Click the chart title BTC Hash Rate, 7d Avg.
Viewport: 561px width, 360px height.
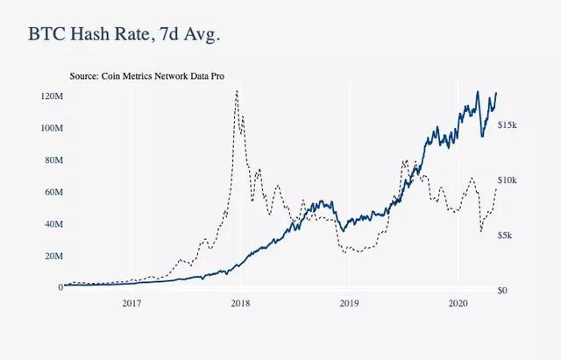tap(124, 36)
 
